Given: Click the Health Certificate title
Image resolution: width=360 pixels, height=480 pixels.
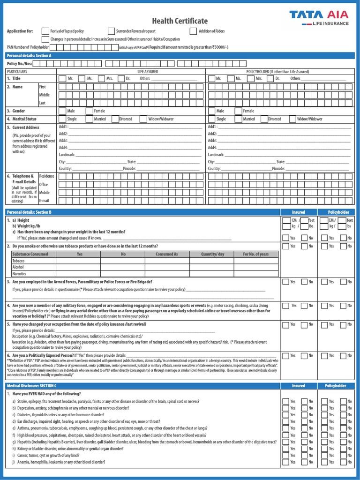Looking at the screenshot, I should pyautogui.click(x=180, y=21).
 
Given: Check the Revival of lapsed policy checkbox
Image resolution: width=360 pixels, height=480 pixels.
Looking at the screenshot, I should pyautogui.click(x=45, y=31).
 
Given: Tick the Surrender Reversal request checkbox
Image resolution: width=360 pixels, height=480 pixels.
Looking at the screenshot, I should pyautogui.click(x=111, y=31).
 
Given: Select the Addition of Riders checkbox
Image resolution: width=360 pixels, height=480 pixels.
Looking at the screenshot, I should pyautogui.click(x=193, y=31).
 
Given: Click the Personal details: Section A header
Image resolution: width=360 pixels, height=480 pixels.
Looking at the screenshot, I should pyautogui.click(x=29, y=55).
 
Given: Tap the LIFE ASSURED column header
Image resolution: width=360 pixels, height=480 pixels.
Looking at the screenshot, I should pyautogui.click(x=147, y=72).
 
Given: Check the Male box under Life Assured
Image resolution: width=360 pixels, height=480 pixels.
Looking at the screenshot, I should pyautogui.click(x=62, y=111).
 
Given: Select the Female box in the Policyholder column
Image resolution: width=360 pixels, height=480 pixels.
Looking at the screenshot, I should pyautogui.click(x=238, y=111).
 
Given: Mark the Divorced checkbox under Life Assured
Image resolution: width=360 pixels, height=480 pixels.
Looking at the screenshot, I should pyautogui.click(x=115, y=119).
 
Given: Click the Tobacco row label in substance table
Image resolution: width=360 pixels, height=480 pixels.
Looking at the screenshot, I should pyautogui.click(x=19, y=261).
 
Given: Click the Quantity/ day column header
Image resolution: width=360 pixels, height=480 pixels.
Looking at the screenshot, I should pyautogui.click(x=213, y=254).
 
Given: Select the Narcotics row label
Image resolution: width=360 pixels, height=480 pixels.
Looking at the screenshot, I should pyautogui.click(x=20, y=274).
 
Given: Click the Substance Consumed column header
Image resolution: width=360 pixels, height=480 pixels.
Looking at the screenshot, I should pyautogui.click(x=30, y=254).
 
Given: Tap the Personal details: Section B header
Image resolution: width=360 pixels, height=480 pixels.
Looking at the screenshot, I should pyautogui.click(x=29, y=212).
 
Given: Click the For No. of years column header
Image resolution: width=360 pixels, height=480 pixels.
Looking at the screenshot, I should pyautogui.click(x=255, y=254).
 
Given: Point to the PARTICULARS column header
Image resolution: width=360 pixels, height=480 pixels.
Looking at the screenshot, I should pyautogui.click(x=17, y=72).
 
